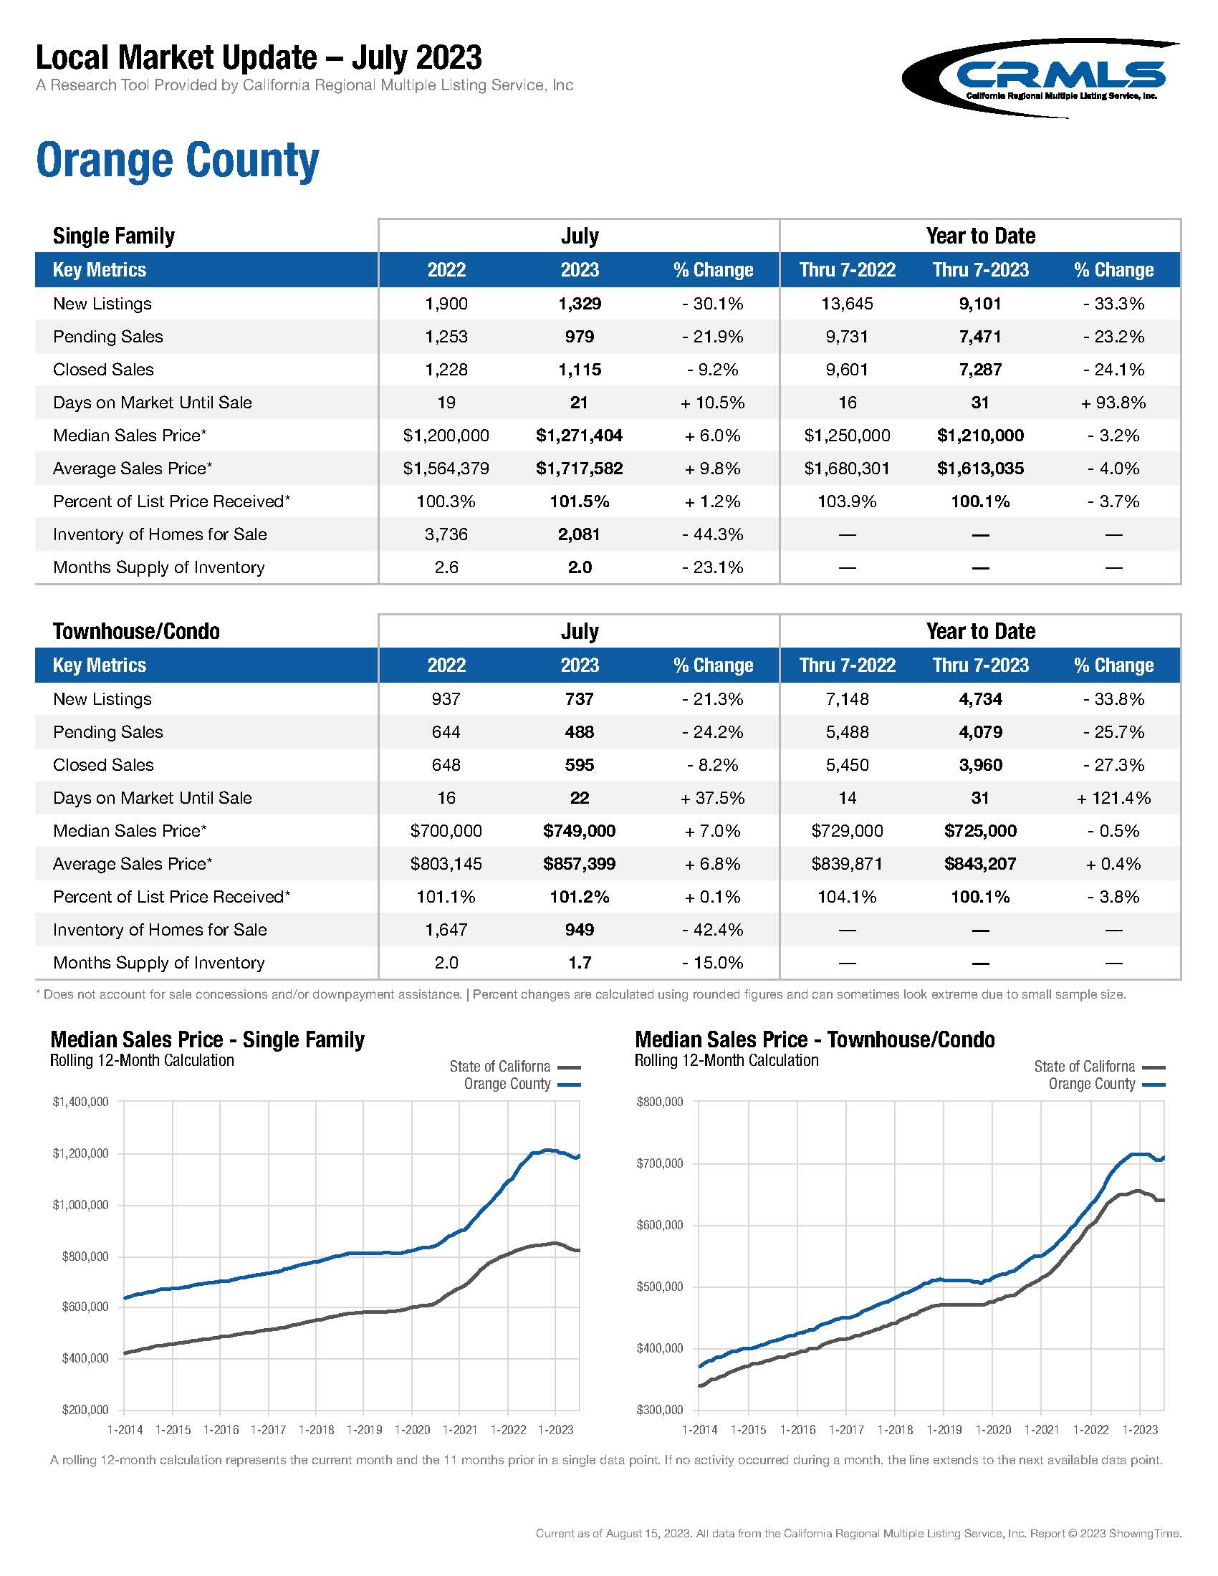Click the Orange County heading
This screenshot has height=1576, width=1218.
pyautogui.click(x=177, y=160)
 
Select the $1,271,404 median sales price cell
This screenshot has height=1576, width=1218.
pyautogui.click(x=579, y=436)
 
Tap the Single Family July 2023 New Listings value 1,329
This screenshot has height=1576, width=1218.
pyautogui.click(x=579, y=304)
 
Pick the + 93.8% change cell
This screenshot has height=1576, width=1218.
pyautogui.click(x=1113, y=403)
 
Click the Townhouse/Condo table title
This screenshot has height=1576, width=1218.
pyautogui.click(x=135, y=631)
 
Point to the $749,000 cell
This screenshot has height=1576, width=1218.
pyautogui.click(x=579, y=831)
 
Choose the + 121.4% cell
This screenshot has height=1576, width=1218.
pyautogui.click(x=1113, y=798)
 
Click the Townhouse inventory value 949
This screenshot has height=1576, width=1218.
pyautogui.click(x=579, y=930)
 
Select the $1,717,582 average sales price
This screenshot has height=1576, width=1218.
pyautogui.click(x=579, y=469)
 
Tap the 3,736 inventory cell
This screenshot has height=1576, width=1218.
pyautogui.click(x=446, y=534)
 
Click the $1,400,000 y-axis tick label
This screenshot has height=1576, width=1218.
pyautogui.click(x=80, y=1102)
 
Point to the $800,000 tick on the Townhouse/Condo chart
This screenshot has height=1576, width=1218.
pyautogui.click(x=659, y=1102)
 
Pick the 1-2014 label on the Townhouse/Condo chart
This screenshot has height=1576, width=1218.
pyautogui.click(x=699, y=1430)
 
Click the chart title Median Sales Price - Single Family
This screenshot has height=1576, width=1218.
pyautogui.click(x=207, y=1040)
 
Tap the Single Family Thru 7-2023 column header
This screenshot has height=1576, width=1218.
pyautogui.click(x=980, y=270)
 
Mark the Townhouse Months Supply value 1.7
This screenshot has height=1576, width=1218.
pyautogui.click(x=579, y=964)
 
